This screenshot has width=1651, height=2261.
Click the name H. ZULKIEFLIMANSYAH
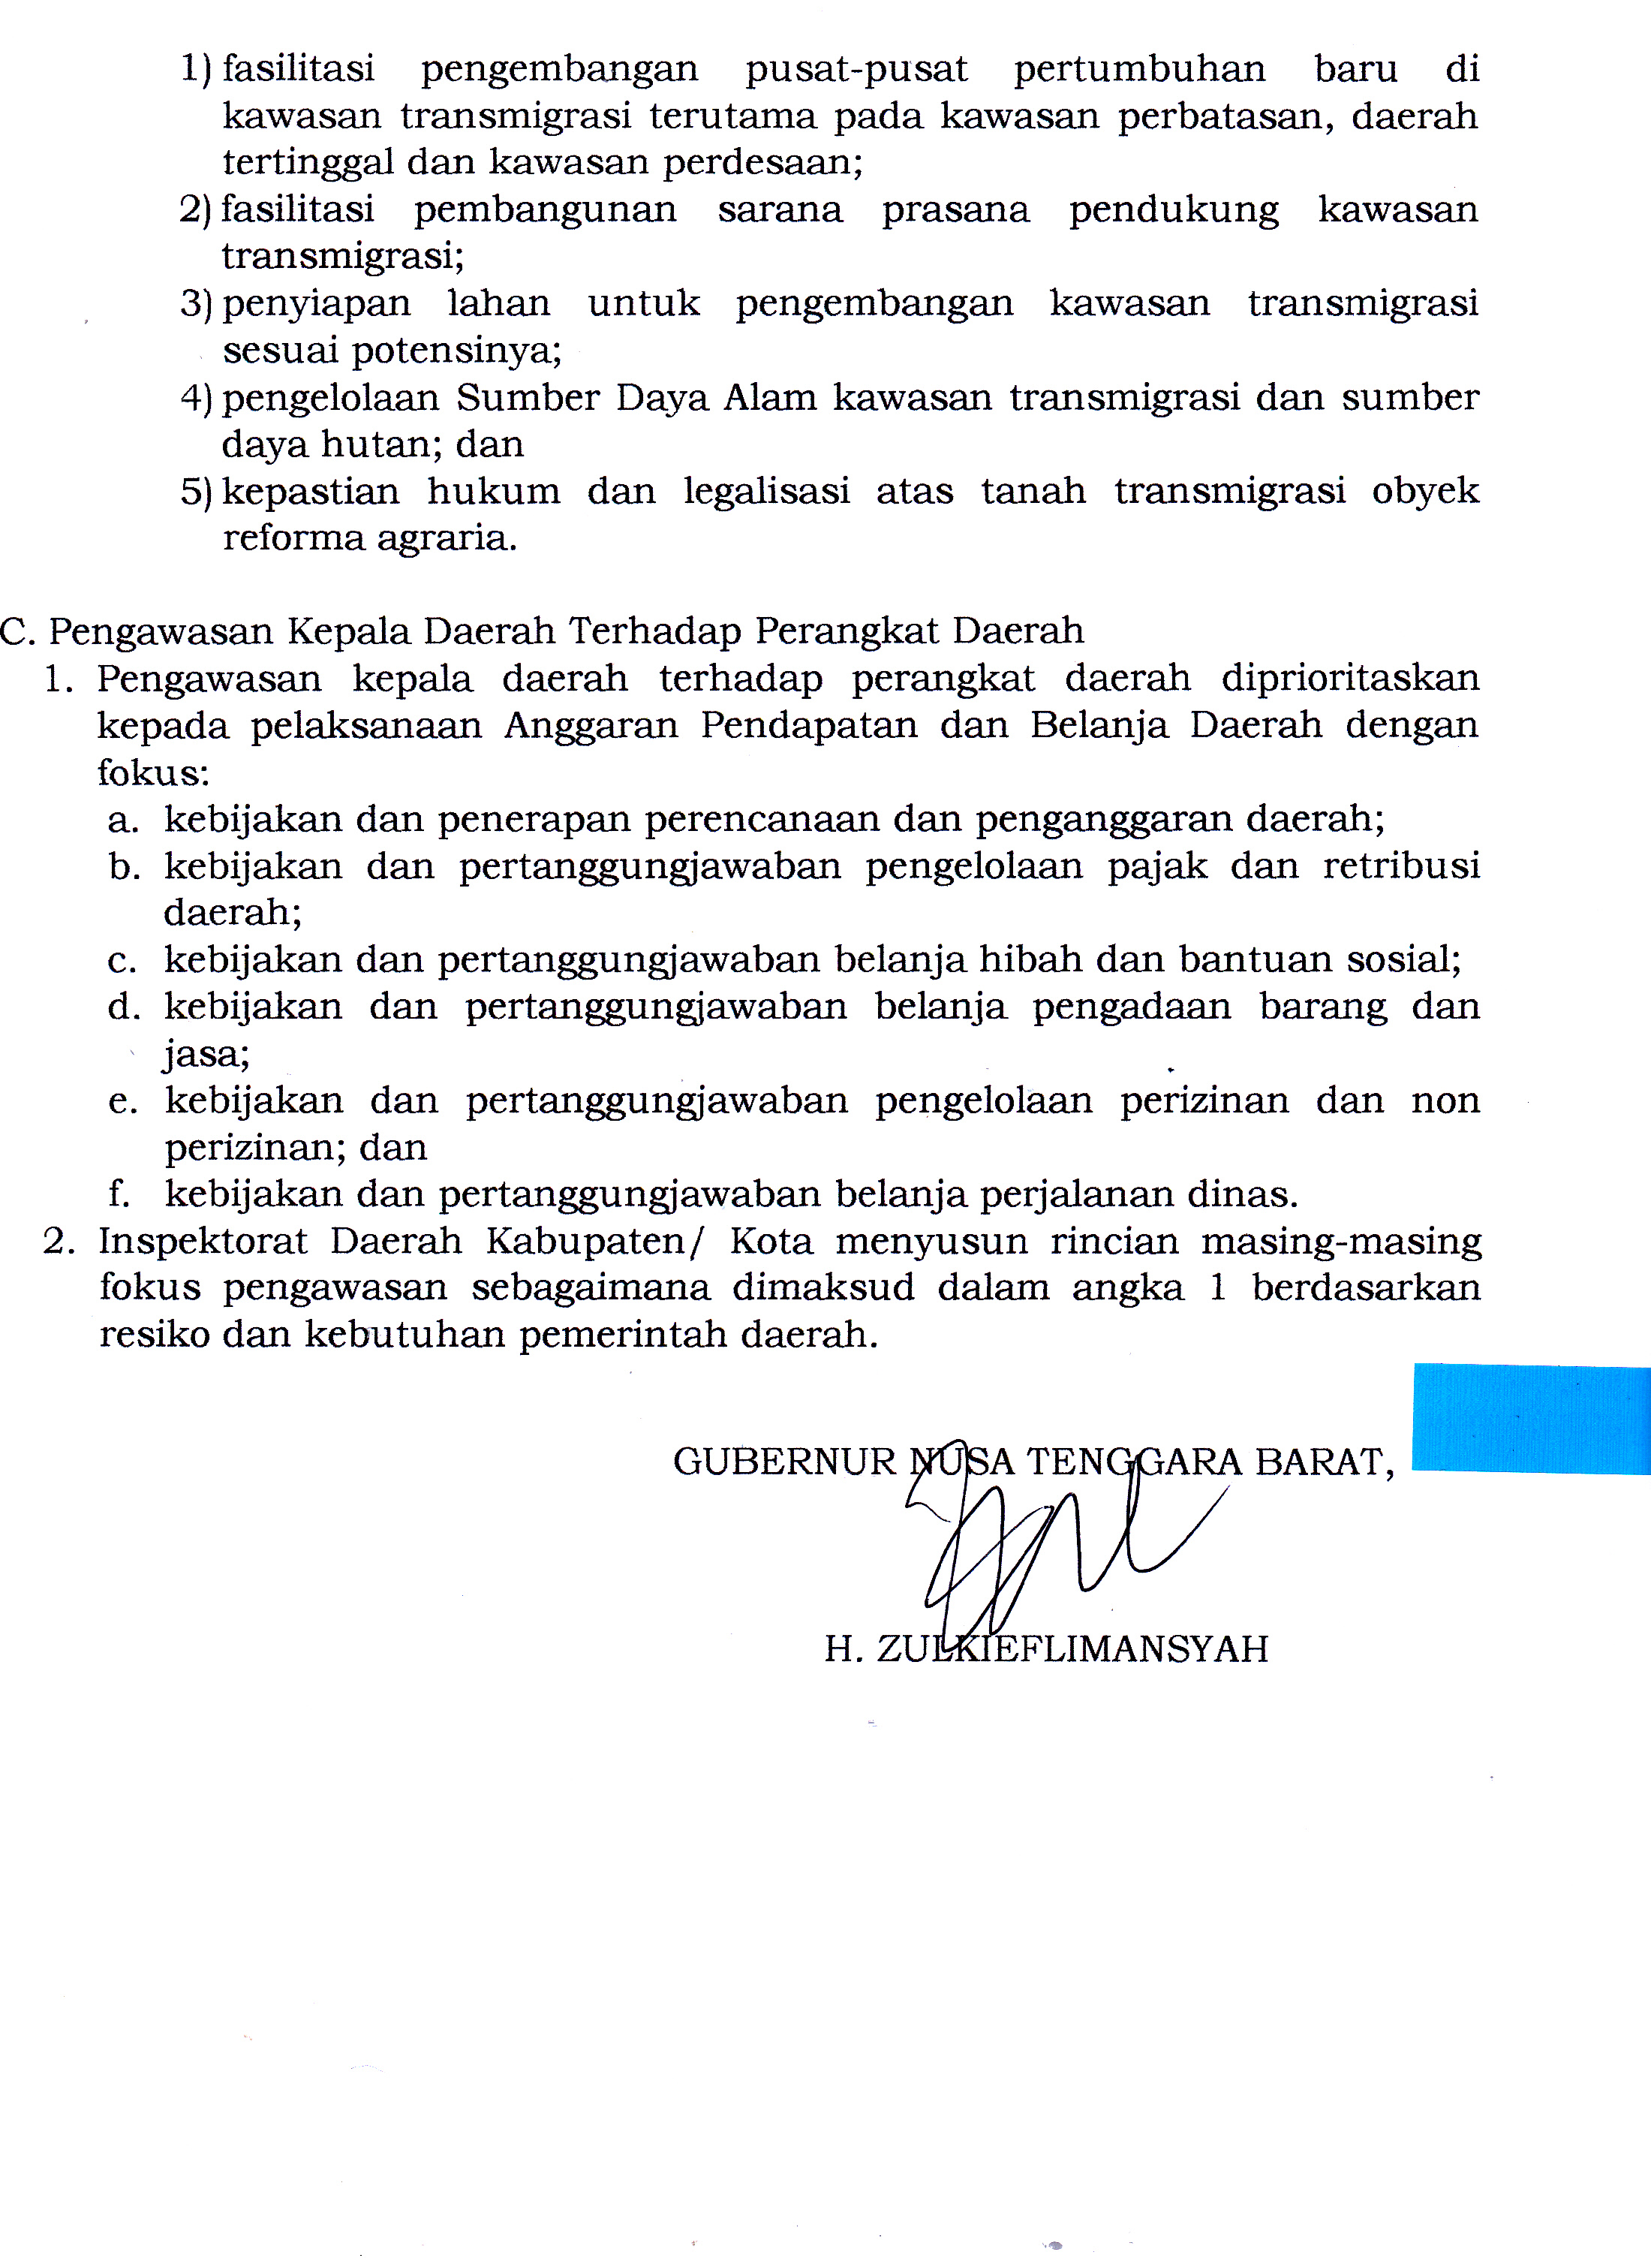tap(1045, 1649)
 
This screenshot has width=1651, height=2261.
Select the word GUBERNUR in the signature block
tap(784, 1462)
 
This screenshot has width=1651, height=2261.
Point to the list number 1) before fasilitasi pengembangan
tap(196, 69)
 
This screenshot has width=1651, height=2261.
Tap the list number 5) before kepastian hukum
tap(196, 492)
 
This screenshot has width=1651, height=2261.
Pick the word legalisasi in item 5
tap(766, 491)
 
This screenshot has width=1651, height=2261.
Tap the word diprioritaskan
tap(1349, 679)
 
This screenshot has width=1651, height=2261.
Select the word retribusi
tap(1401, 866)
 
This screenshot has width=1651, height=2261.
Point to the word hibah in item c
tap(1030, 959)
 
